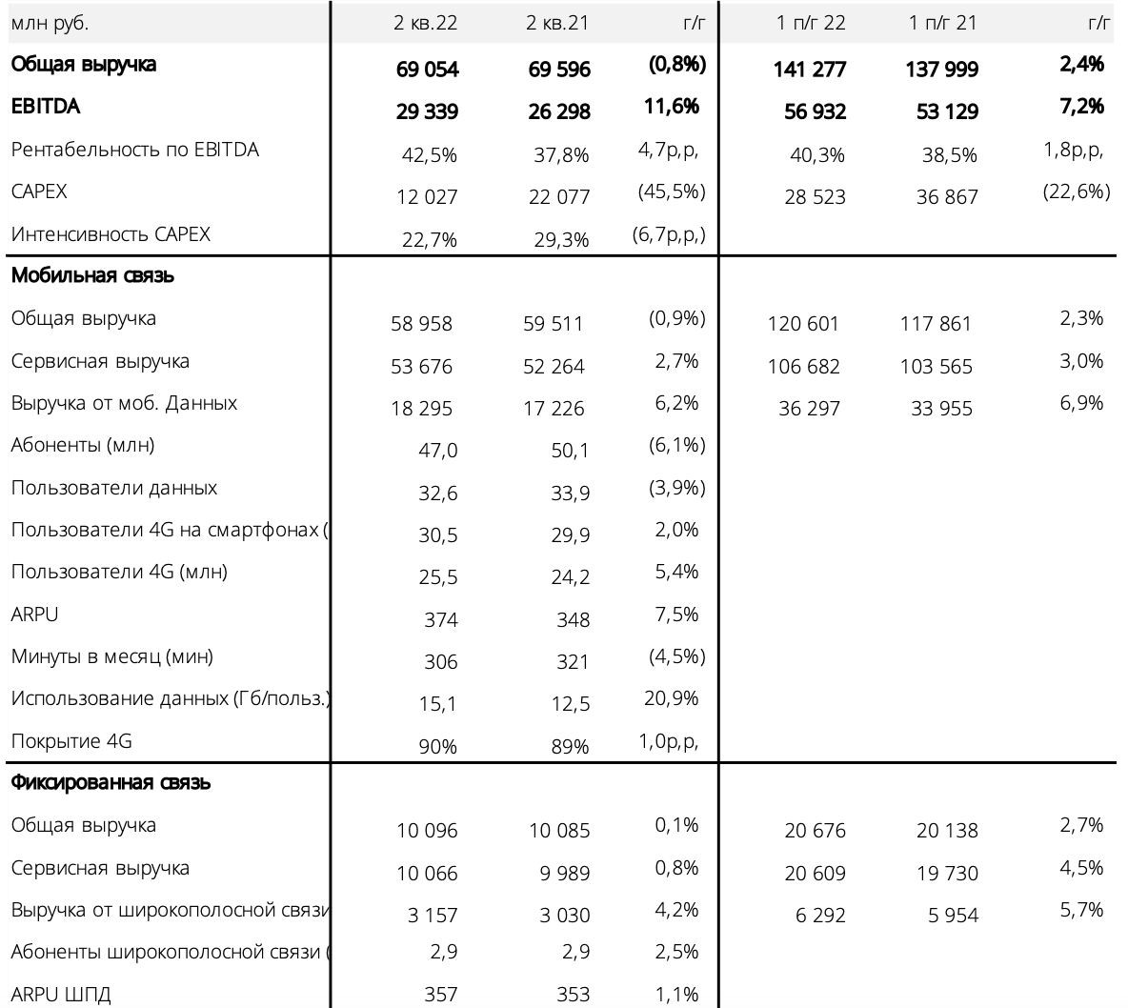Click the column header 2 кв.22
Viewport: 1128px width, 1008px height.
click(x=425, y=23)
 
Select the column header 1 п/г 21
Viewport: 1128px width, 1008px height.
click(x=942, y=23)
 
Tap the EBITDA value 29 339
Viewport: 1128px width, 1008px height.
click(x=427, y=111)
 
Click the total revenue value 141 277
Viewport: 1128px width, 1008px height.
click(x=809, y=69)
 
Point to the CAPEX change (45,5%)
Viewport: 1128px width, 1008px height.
click(x=672, y=192)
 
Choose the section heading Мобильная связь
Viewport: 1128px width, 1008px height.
click(x=92, y=275)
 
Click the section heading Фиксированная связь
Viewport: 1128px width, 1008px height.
click(x=111, y=782)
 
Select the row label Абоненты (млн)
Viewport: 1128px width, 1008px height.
click(x=83, y=445)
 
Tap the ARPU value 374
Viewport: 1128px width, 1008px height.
click(x=440, y=619)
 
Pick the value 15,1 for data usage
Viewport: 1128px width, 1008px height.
click(x=437, y=704)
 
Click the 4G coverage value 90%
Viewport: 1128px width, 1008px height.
click(x=437, y=746)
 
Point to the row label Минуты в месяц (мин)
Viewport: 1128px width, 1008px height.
click(x=111, y=656)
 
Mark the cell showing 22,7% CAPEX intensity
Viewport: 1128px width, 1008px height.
click(x=429, y=239)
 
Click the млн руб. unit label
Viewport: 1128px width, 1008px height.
click(x=49, y=24)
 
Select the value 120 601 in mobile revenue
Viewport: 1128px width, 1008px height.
click(x=803, y=324)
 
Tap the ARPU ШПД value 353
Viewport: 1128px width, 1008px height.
click(x=573, y=995)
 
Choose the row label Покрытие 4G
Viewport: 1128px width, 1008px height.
click(x=71, y=741)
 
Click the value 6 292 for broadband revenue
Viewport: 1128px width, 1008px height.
click(x=820, y=916)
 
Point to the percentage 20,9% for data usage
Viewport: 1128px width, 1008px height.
click(x=672, y=698)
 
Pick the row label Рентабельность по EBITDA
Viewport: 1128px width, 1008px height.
click(x=134, y=150)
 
